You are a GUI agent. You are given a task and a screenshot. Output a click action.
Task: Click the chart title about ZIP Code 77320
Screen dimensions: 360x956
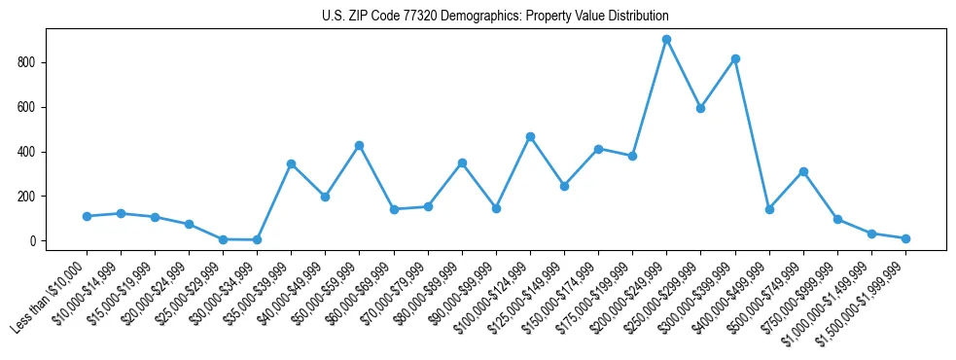coord(495,17)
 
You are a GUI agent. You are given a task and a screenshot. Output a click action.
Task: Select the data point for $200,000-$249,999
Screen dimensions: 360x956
coord(666,40)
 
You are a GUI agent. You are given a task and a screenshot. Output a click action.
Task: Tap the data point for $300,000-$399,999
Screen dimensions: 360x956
coord(735,58)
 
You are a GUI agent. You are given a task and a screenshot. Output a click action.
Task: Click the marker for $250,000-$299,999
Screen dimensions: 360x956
coord(700,108)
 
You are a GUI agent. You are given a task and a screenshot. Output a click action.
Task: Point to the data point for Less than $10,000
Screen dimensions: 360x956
coord(87,216)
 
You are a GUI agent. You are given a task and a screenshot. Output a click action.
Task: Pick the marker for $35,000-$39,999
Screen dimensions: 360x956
coord(291,163)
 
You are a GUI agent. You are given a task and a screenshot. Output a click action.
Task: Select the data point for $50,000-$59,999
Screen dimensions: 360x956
coord(359,145)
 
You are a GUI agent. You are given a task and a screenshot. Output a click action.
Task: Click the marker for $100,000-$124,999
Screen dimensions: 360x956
coord(530,136)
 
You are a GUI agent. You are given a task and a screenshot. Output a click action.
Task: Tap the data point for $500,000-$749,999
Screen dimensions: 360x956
coord(803,171)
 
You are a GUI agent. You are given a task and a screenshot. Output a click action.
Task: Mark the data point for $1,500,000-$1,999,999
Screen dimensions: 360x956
coord(905,238)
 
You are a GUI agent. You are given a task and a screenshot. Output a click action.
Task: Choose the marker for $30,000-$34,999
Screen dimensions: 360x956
coord(257,239)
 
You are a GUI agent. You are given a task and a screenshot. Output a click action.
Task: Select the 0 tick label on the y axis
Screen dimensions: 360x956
coord(33,241)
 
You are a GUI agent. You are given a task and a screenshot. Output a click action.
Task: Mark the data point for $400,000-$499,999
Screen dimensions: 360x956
coord(769,209)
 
